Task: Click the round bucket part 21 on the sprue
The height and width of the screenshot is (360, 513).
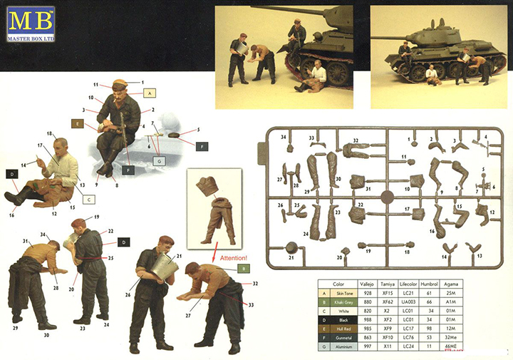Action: (x=291, y=247)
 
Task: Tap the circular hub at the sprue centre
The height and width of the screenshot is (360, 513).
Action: (x=388, y=195)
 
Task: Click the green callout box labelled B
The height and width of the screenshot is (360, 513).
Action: (x=242, y=268)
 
